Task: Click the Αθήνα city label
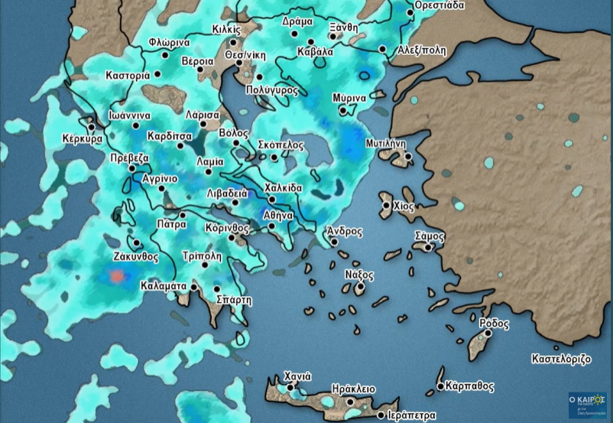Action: (x=277, y=216)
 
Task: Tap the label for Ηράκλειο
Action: (x=352, y=388)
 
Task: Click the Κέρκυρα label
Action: (x=83, y=140)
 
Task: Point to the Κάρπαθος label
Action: (x=469, y=387)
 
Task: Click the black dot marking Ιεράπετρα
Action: (x=381, y=415)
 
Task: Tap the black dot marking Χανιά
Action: (x=290, y=389)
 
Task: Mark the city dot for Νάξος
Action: (x=361, y=288)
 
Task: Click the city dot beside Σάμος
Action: (x=429, y=247)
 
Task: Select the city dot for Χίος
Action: (x=385, y=204)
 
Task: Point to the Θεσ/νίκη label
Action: (x=244, y=56)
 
